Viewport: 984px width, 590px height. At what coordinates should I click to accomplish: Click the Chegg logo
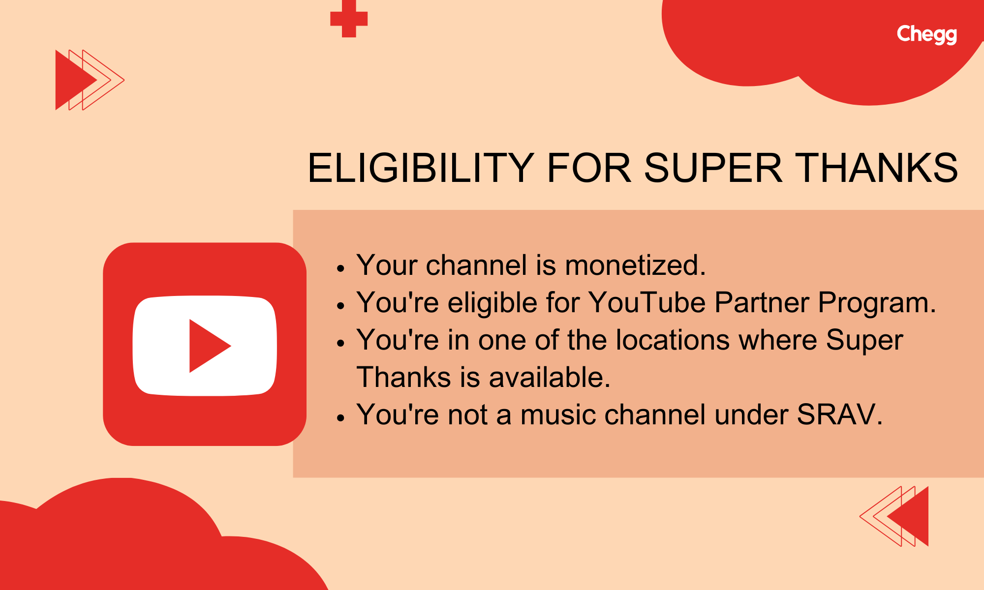click(x=926, y=34)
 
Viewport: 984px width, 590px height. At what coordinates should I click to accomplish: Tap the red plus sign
click(x=349, y=19)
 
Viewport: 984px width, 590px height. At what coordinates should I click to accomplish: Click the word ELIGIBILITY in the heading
click(x=421, y=168)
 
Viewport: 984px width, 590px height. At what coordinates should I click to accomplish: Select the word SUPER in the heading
click(x=713, y=168)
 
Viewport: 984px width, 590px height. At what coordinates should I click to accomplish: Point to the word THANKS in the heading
click(x=876, y=168)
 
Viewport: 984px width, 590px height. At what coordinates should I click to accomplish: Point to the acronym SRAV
click(x=839, y=414)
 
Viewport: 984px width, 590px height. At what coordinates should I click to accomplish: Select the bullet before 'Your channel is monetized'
click(x=340, y=268)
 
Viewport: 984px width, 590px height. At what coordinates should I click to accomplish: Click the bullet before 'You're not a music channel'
click(x=340, y=418)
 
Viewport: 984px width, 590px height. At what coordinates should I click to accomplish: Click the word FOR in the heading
click(x=589, y=168)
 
